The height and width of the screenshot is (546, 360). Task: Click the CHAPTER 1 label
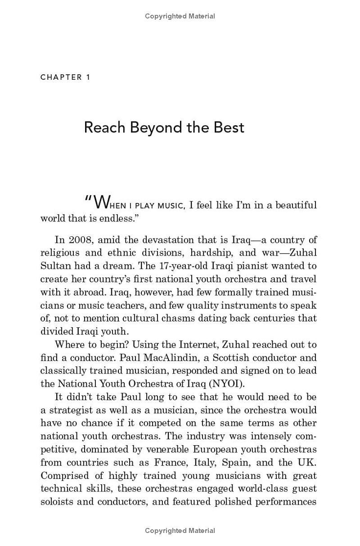point(65,77)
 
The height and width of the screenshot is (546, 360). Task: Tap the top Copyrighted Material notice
point(180,16)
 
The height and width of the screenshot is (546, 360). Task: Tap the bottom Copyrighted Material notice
point(180,531)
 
